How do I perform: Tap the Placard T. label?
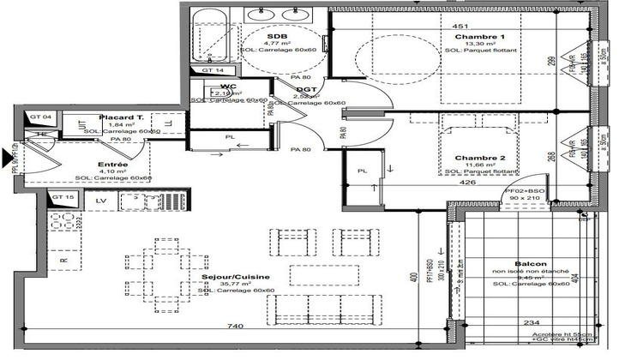pyautogui.click(x=120, y=117)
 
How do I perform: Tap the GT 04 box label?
pyautogui.click(x=41, y=116)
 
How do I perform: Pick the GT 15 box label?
pyautogui.click(x=63, y=198)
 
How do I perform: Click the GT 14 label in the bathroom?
pyautogui.click(x=213, y=70)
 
